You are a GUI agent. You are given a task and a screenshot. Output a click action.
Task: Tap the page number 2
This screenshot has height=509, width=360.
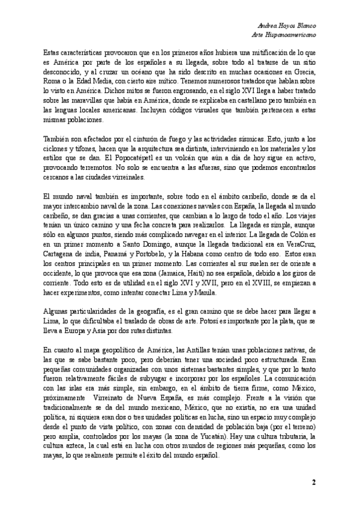pyautogui.click(x=313, y=483)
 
